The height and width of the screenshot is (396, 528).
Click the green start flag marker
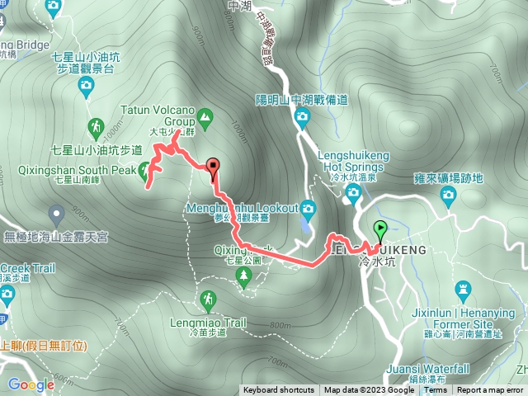pos(380,230)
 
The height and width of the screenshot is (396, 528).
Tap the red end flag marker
pos(214,166)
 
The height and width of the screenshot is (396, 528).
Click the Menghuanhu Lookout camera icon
pos(308,207)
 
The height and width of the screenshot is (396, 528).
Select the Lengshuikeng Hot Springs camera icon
pos(353,194)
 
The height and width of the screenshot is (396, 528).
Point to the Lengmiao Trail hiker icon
pos(205,298)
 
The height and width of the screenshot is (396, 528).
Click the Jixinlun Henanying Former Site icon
pos(461,290)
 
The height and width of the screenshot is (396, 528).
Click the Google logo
pos(31,384)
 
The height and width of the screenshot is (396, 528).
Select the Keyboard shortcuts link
pos(278,390)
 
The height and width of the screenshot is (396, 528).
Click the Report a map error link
pos(490,390)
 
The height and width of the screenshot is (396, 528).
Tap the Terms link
pos(436,390)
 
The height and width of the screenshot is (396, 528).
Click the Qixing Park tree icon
pos(244,278)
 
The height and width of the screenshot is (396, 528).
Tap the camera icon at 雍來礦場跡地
pos(449,196)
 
